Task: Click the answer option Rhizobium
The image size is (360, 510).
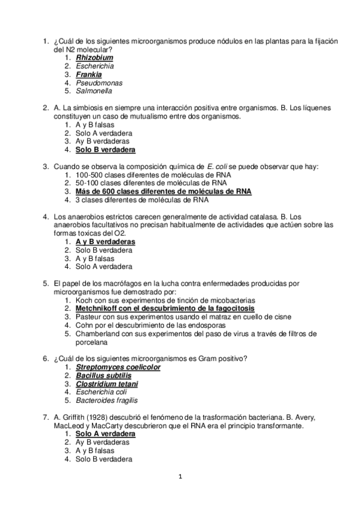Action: coord(94,57)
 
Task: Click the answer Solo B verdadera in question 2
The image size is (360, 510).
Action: coord(105,150)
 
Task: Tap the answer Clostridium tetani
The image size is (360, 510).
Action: coord(107,384)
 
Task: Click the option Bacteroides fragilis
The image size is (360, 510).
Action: coord(106,400)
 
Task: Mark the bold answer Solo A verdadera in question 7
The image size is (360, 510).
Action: coord(105,434)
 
